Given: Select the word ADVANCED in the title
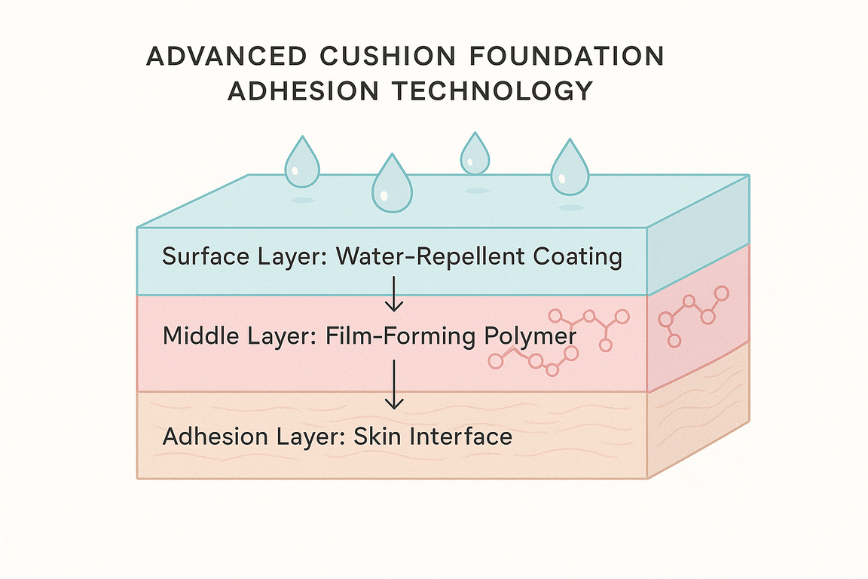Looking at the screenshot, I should (x=226, y=57).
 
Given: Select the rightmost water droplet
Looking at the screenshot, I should (x=569, y=168).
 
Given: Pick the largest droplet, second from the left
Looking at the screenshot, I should (x=393, y=185).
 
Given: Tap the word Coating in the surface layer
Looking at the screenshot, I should (x=577, y=257).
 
